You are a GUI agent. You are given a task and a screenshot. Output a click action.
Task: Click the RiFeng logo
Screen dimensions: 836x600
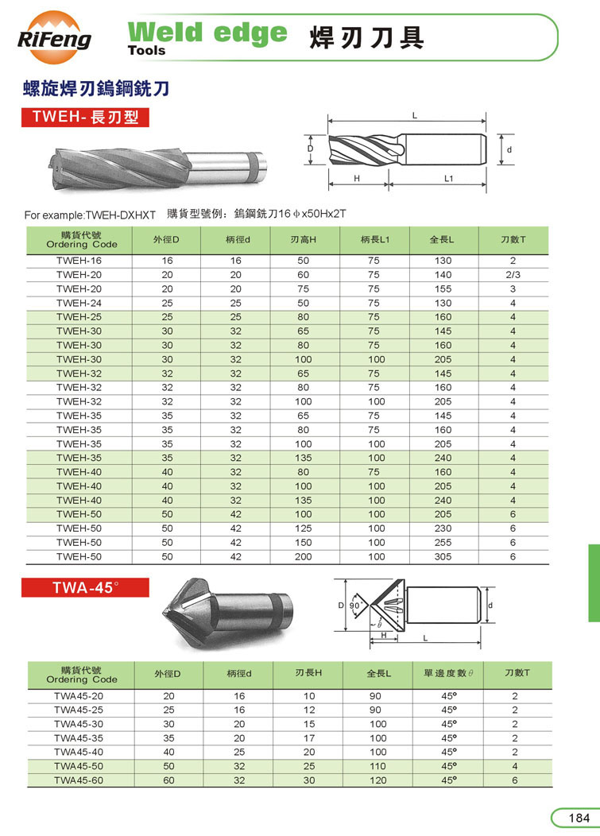55,34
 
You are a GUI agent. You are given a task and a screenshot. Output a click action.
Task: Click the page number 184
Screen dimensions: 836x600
577,819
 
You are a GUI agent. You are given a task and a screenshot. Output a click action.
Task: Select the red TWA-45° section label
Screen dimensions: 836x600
85,589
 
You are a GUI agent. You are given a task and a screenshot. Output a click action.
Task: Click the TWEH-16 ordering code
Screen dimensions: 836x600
79,261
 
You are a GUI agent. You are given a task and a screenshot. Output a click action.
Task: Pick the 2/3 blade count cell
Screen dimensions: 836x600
513,275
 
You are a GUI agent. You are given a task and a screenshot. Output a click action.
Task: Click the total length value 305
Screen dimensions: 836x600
443,557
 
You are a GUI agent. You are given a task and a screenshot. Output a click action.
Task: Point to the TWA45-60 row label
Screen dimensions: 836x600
79,780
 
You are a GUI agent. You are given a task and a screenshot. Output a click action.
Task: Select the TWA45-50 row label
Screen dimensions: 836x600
79,766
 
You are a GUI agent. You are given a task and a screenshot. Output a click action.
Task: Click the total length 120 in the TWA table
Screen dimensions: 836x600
378,780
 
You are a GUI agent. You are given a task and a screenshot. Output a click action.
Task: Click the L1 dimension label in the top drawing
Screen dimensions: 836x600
448,179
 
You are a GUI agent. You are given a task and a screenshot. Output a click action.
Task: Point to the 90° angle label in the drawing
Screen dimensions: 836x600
356,605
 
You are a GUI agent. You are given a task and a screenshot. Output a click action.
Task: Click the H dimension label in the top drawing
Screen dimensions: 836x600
358,179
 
